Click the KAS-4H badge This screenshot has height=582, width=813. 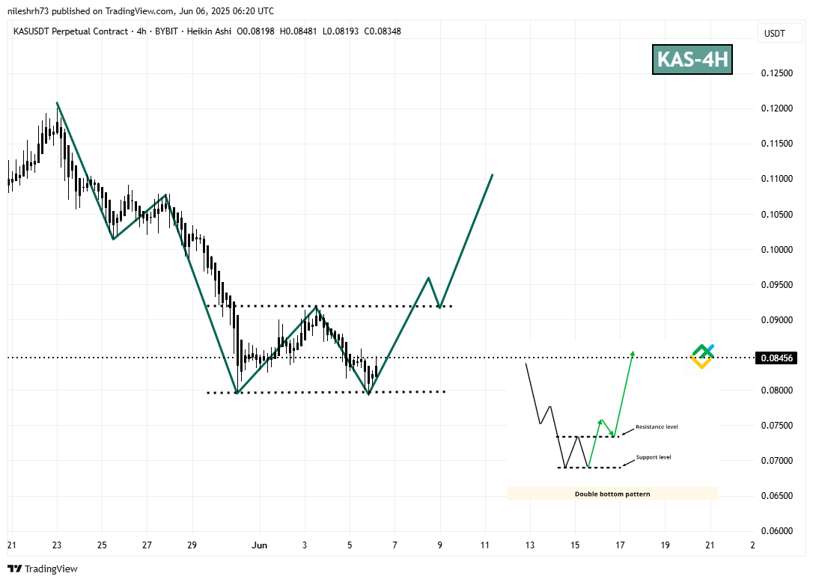692,59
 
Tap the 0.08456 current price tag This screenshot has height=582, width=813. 777,358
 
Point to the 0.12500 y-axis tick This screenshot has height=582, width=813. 777,73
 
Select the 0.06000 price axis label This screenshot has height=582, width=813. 777,531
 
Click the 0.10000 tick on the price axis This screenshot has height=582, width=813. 777,250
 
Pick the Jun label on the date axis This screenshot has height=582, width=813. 260,545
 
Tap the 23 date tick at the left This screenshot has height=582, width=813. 57,545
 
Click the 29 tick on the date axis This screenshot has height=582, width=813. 192,545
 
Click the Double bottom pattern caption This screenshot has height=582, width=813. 612,494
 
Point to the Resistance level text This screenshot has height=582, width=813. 657,427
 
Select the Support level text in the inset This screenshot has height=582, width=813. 654,457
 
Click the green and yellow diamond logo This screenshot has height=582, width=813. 702,356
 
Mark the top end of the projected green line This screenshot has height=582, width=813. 492,175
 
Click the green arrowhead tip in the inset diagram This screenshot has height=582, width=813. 633,352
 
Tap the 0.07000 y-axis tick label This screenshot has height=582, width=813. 777,461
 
